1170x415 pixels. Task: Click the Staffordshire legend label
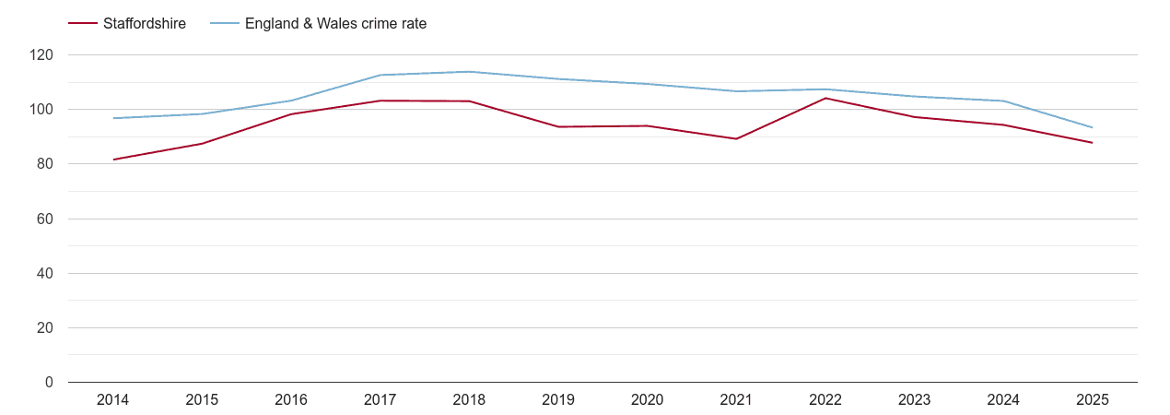[x=144, y=24]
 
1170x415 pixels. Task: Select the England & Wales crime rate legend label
[x=335, y=24]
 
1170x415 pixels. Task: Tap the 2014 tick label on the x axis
[x=112, y=399]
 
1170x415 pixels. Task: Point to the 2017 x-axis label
[x=380, y=399]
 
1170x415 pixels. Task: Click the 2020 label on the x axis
[x=647, y=399]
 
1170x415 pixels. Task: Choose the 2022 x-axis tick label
[x=825, y=399]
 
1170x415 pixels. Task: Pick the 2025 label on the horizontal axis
[x=1092, y=399]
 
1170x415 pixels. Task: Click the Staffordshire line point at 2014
[x=113, y=160]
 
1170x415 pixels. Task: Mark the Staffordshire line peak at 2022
[x=825, y=98]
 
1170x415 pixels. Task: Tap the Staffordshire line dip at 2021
[x=736, y=139]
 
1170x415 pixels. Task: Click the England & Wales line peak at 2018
[x=469, y=72]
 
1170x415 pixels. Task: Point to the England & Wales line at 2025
[x=1092, y=127]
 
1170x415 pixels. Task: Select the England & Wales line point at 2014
[x=113, y=118]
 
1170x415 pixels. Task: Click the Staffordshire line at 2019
[x=558, y=126]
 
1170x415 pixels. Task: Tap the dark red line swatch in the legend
[x=83, y=24]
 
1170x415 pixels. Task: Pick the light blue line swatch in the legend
[x=225, y=24]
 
